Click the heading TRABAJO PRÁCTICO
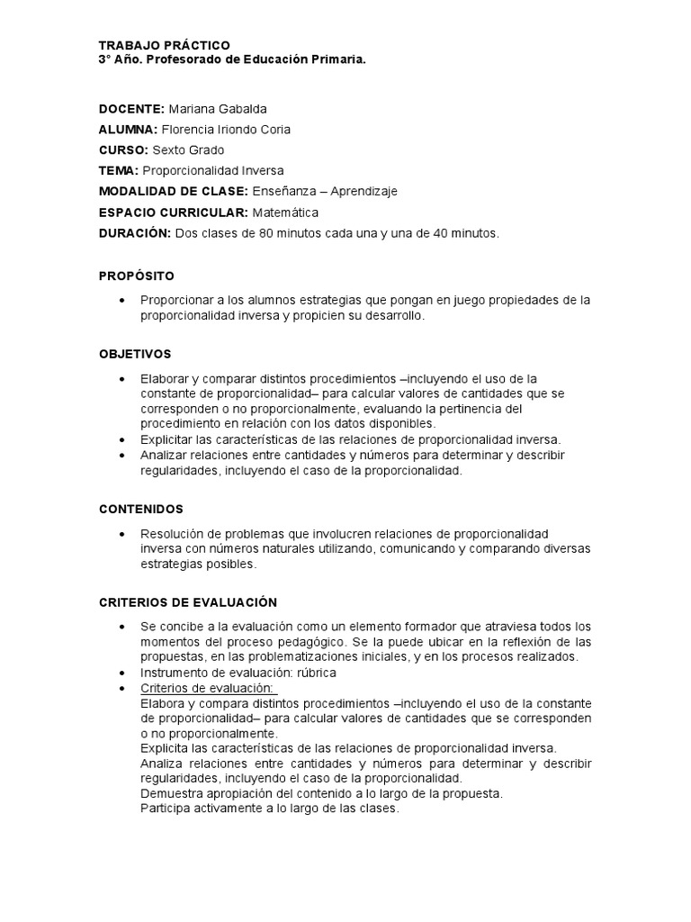point(164,45)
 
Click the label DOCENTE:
point(131,109)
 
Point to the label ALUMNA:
point(129,130)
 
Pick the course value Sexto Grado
point(188,150)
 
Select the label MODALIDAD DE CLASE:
point(174,192)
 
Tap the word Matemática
point(285,212)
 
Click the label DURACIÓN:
point(134,233)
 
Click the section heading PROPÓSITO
point(137,276)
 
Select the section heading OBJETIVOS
point(135,354)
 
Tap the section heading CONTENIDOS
point(141,509)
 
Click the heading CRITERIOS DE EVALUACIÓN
point(188,601)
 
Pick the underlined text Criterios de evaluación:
point(208,688)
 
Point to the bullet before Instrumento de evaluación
point(121,673)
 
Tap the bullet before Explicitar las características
point(121,439)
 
